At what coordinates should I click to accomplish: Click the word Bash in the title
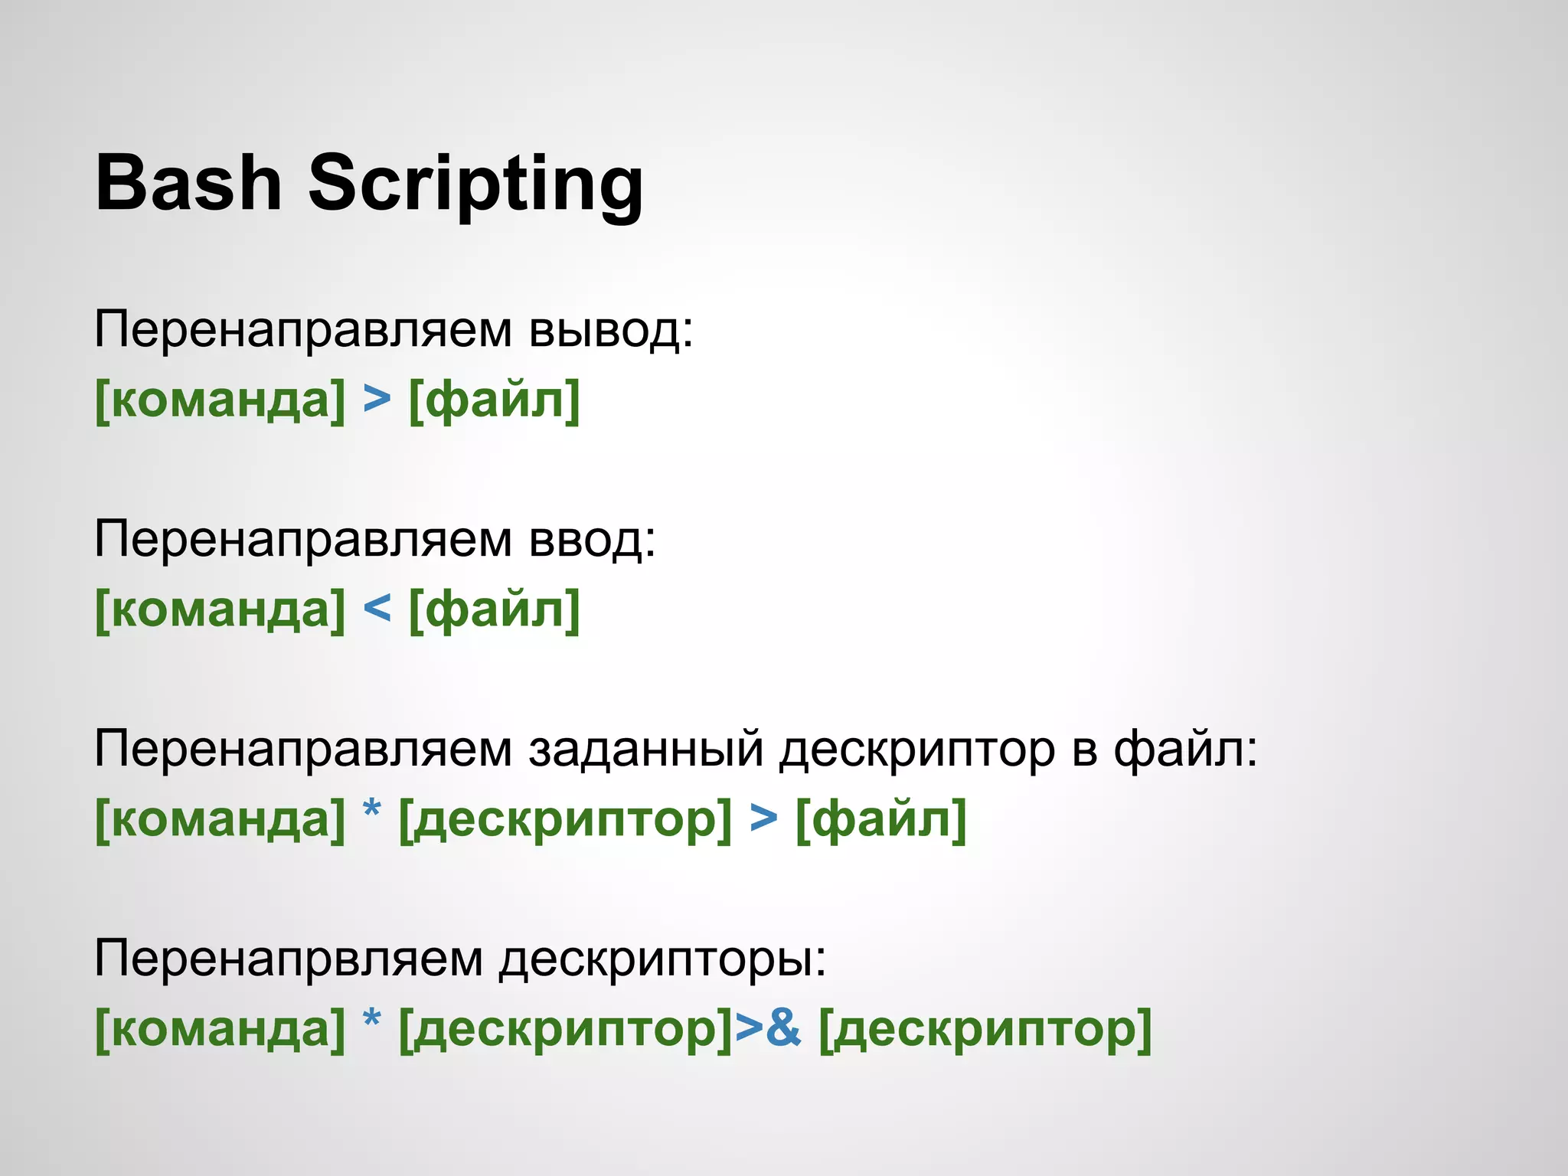pos(188,183)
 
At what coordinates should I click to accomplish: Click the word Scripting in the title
pos(475,185)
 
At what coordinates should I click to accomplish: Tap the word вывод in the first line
pos(610,331)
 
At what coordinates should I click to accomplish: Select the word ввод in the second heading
pos(592,540)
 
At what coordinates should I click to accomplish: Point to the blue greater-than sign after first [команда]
pos(377,399)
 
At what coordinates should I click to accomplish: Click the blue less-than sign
pos(377,609)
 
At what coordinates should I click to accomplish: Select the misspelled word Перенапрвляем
pos(289,959)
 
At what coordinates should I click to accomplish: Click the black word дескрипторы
pos(663,960)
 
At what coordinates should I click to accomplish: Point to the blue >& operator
pos(768,1028)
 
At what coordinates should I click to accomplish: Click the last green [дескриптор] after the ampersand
pos(985,1030)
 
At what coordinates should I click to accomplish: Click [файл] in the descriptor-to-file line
pos(881,819)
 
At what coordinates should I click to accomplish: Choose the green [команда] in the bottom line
pos(220,1029)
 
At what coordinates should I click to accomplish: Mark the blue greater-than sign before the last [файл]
pos(763,818)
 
